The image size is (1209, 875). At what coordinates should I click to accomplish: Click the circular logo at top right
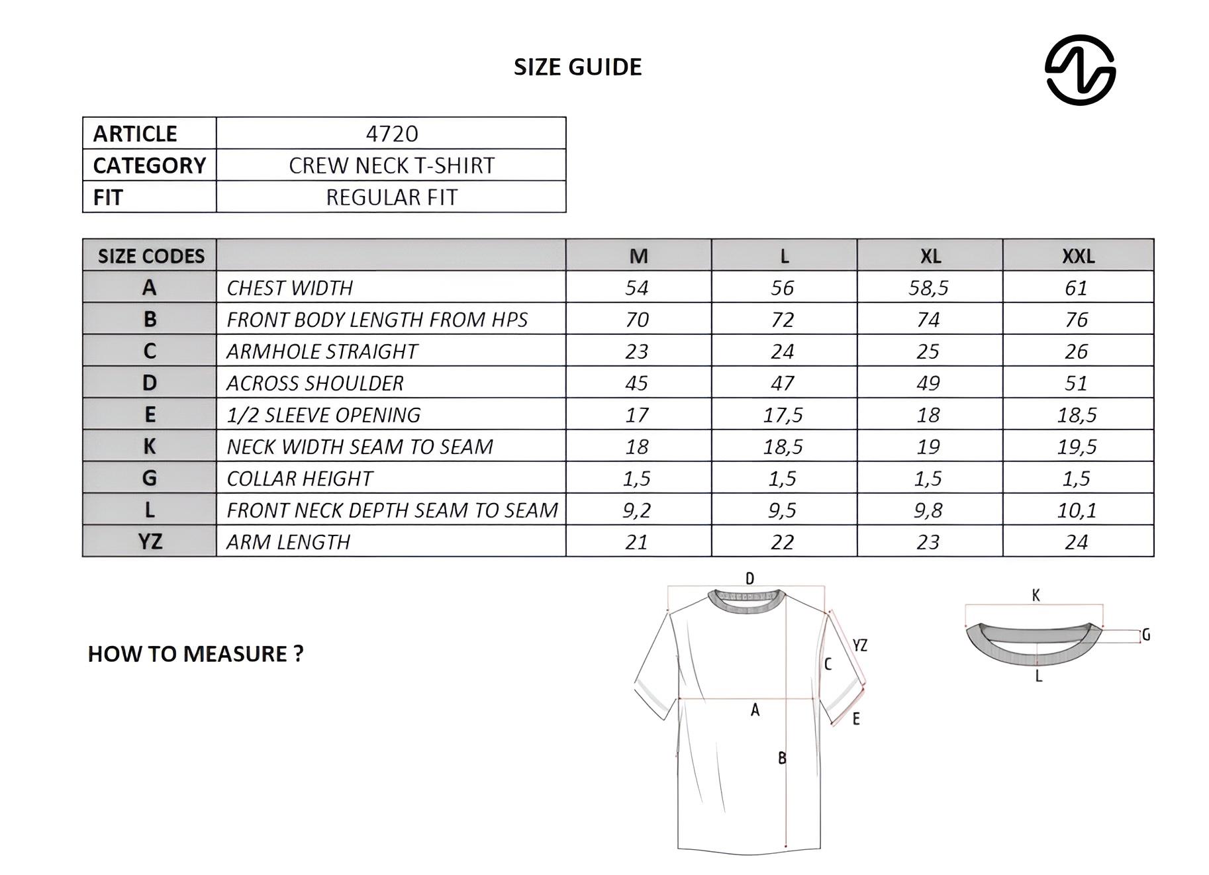point(1079,69)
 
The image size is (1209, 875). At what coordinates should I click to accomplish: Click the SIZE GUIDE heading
point(577,67)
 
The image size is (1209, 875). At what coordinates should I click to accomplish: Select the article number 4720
point(391,134)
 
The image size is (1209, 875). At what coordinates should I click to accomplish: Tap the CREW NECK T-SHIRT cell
point(391,165)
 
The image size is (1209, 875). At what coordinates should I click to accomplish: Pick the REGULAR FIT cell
point(391,197)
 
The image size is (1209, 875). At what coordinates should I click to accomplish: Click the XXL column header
point(1078,256)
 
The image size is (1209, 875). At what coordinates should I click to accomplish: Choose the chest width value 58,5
point(928,288)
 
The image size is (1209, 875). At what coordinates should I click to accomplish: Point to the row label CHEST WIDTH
point(289,288)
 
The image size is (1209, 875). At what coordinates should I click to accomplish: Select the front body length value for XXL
point(1077,320)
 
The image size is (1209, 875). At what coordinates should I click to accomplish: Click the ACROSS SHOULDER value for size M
point(637,383)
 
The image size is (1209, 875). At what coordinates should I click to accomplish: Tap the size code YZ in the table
point(150,541)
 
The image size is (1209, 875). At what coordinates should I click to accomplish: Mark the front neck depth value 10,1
point(1077,510)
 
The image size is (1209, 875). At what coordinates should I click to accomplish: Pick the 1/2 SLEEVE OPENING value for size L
point(783,415)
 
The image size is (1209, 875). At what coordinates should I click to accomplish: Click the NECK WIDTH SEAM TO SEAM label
point(360,447)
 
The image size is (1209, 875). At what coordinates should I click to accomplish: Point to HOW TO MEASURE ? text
point(195,654)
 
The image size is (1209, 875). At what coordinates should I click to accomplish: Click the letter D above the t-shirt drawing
point(750,578)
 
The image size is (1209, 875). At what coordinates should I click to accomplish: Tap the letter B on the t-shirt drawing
point(782,758)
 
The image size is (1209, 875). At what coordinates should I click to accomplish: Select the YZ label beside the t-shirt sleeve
point(859,645)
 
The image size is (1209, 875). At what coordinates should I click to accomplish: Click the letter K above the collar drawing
point(1036,595)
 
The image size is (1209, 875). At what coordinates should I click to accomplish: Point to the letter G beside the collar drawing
point(1146,635)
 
